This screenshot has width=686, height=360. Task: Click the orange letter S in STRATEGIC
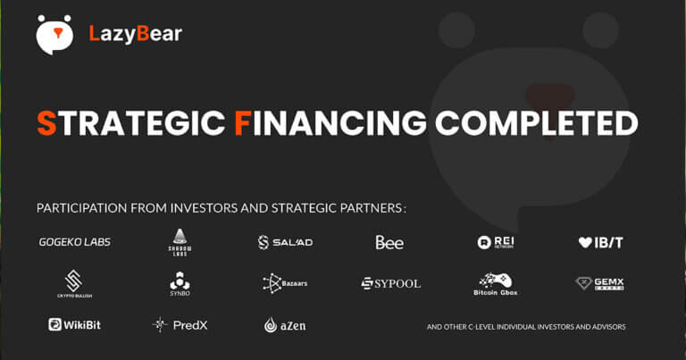point(46,122)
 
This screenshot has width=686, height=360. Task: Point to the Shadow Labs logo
point(180,241)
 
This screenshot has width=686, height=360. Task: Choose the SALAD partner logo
point(285,242)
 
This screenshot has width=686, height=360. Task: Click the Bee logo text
point(389,242)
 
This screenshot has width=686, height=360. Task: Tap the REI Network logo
point(497,242)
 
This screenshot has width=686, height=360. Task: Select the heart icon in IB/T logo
point(585,242)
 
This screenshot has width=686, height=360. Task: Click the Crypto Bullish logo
point(74,283)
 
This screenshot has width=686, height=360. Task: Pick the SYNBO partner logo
point(180,283)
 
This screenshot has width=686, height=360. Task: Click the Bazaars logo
point(285,283)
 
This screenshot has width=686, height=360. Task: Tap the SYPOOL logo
point(390,283)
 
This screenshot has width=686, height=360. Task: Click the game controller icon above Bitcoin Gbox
point(496,278)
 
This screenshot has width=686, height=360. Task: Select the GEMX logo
point(599,283)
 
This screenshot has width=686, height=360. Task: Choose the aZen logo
point(285,325)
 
